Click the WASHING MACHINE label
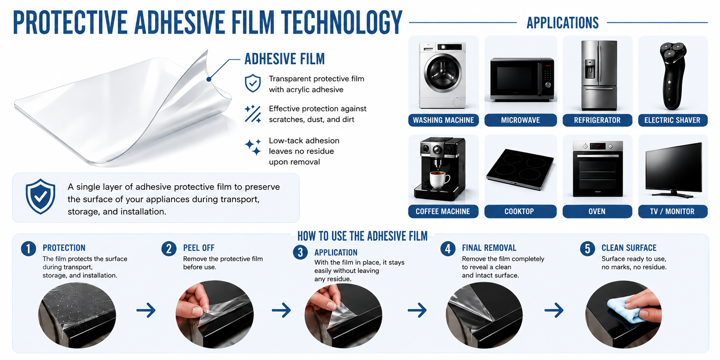[443, 120]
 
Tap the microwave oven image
[522, 79]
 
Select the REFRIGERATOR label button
[597, 120]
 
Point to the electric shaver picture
[673, 76]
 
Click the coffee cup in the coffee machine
[440, 179]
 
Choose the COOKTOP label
[520, 211]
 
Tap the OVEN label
[597, 211]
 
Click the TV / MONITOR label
[673, 211]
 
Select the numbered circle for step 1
[28, 248]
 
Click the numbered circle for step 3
[300, 252]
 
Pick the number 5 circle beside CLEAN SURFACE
[587, 248]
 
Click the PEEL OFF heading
[199, 248]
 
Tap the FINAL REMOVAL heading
[489, 248]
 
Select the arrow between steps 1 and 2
[146, 310]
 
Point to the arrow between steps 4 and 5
[554, 310]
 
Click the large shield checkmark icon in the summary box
[40, 196]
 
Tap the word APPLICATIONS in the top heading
[563, 23]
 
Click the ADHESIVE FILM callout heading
[285, 59]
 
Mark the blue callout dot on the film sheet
[209, 79]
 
